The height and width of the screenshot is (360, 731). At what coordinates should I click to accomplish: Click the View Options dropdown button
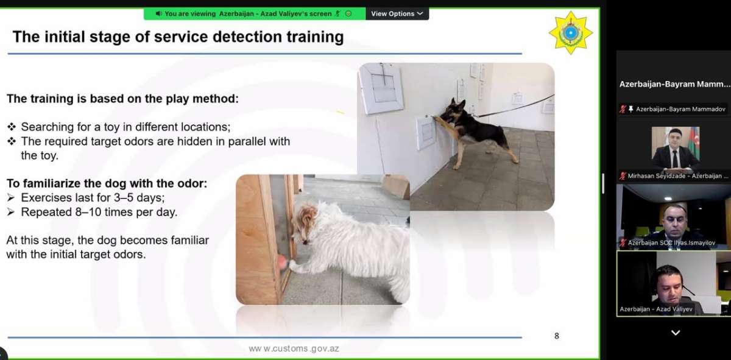click(x=397, y=14)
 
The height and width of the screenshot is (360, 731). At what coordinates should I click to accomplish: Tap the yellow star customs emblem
click(x=571, y=33)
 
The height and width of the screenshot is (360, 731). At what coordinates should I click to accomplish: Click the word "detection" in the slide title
click(x=247, y=37)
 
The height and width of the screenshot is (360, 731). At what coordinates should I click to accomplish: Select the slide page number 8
click(x=556, y=336)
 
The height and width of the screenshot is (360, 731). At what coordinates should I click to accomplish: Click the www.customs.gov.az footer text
click(x=294, y=348)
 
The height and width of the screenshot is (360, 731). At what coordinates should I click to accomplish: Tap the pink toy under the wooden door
click(x=281, y=262)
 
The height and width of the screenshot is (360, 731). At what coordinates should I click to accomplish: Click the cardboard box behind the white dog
click(x=397, y=186)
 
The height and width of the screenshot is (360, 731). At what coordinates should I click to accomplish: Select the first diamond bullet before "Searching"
click(x=12, y=127)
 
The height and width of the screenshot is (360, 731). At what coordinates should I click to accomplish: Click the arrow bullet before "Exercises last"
click(x=11, y=198)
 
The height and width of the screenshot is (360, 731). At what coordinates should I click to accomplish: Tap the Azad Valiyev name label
click(x=656, y=309)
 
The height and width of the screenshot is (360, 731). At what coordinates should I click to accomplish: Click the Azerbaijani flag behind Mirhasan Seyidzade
click(x=694, y=140)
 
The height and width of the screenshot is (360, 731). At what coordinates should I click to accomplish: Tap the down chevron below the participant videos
click(x=676, y=333)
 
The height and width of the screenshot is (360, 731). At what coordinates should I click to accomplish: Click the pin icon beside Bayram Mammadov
click(x=631, y=109)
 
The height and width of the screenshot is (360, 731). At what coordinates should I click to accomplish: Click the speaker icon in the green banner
click(x=158, y=14)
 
